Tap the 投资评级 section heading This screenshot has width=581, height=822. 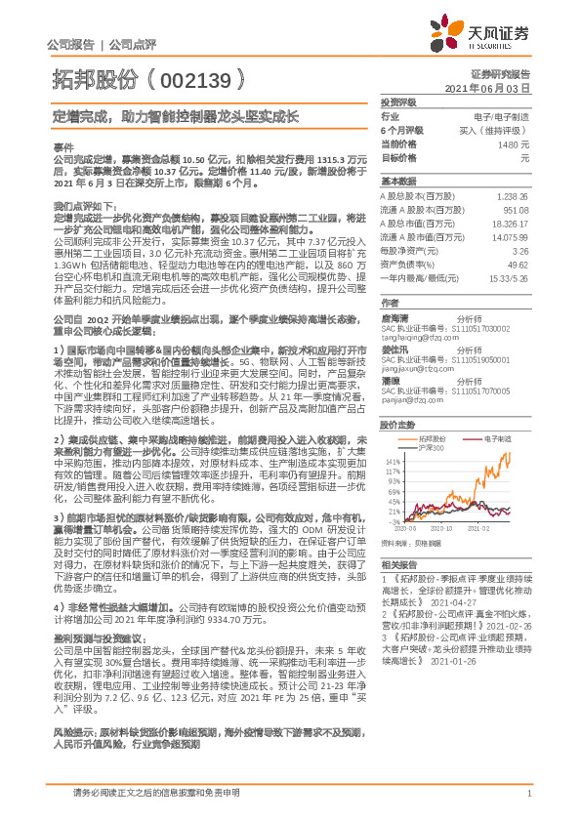coord(398,102)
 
